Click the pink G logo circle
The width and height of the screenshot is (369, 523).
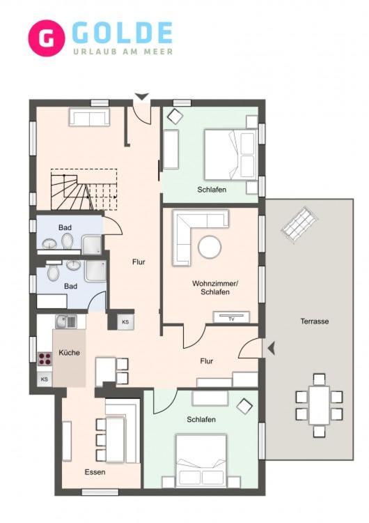click(46, 38)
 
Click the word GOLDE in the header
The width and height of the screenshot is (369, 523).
click(122, 33)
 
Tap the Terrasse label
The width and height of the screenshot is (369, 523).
click(315, 321)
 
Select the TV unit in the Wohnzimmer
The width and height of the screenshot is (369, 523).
click(231, 317)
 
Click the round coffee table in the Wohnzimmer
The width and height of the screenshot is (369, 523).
click(210, 247)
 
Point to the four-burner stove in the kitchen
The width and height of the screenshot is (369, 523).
click(45, 359)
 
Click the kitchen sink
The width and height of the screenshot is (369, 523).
click(66, 321)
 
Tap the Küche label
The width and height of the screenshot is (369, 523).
click(69, 353)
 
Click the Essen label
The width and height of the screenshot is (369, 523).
click(95, 472)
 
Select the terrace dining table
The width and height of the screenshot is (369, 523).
click(319, 405)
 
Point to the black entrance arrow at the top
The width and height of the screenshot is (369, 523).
click(142, 96)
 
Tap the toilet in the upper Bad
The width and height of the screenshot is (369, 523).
click(68, 239)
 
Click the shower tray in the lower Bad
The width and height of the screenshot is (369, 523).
click(95, 271)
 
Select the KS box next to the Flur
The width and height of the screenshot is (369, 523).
click(125, 322)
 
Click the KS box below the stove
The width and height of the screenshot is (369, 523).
click(45, 379)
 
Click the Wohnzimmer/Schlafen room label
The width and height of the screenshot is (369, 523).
click(215, 287)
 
